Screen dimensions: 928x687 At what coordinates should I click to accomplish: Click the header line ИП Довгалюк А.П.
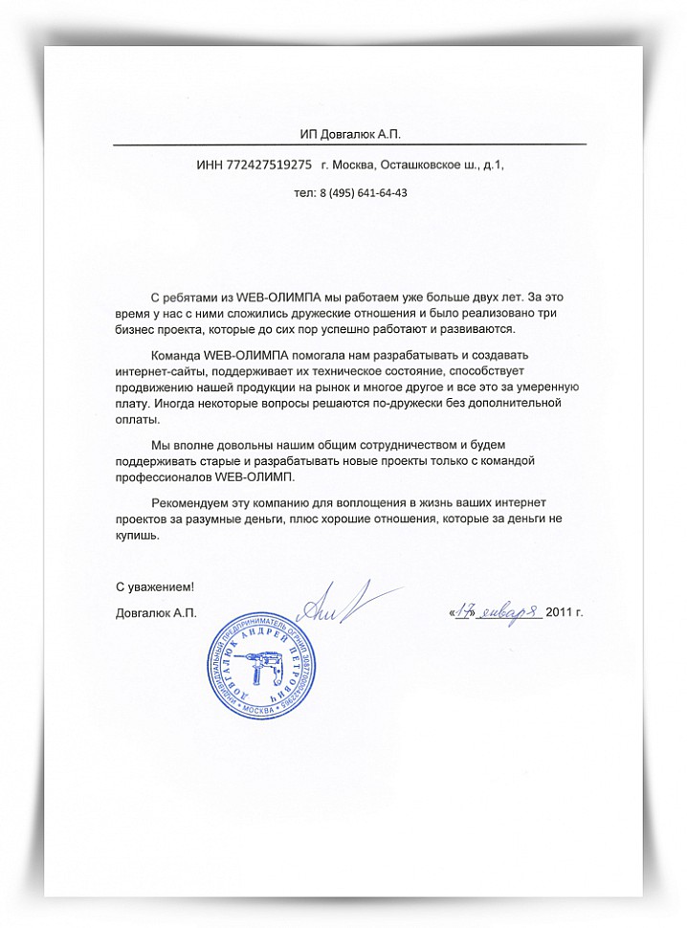350,133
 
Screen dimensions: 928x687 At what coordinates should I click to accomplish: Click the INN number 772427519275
269,165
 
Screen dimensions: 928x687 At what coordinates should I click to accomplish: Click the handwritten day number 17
467,611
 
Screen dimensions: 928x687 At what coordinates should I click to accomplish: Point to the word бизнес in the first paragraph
137,329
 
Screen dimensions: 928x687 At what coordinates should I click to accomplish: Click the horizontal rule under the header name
350,144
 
